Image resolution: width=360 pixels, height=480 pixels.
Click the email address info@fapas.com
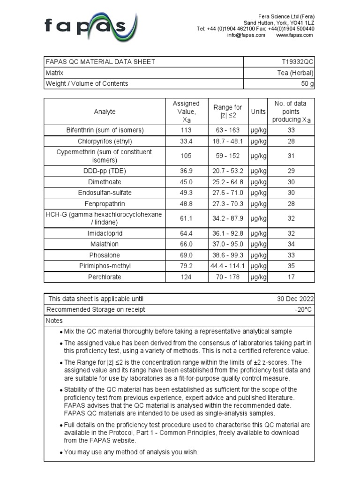click(x=246, y=35)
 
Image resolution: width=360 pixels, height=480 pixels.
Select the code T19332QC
click(x=298, y=62)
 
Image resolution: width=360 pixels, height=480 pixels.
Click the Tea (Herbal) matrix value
click(x=296, y=73)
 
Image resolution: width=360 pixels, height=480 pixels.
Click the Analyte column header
click(x=105, y=112)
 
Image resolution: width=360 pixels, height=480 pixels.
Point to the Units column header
click(x=258, y=112)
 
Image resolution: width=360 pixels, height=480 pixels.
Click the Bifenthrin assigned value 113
click(x=186, y=130)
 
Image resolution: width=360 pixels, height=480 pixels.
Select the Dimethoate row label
click(x=105, y=182)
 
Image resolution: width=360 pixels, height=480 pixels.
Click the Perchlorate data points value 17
click(x=291, y=277)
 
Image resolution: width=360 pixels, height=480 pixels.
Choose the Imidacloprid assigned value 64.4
click(x=186, y=233)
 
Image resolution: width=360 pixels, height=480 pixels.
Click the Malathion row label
click(x=105, y=244)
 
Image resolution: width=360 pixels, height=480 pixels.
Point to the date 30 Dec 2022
click(x=295, y=299)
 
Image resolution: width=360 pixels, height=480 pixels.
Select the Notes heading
click(x=54, y=321)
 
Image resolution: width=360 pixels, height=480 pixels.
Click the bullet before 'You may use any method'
click(x=61, y=453)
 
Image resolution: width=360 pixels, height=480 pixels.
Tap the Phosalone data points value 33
click(x=291, y=255)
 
